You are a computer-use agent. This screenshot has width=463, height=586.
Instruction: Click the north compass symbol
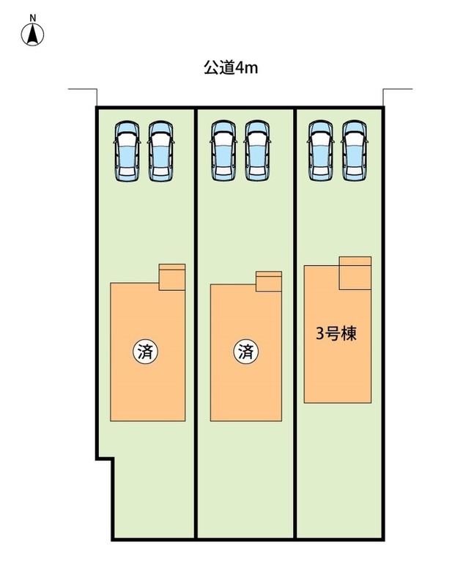point(32,34)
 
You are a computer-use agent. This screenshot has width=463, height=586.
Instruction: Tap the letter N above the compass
point(33,18)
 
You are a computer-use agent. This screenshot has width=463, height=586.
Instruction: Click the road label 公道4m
point(231,68)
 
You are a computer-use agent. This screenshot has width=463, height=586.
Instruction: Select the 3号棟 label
point(336,334)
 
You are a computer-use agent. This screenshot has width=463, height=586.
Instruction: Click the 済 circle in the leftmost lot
point(145,352)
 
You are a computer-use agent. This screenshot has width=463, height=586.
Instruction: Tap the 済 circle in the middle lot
point(246,352)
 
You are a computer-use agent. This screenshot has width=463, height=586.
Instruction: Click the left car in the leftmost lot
point(127,152)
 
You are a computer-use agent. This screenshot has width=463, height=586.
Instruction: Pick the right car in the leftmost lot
point(161,152)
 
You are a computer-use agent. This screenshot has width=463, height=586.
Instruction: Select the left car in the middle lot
point(223,151)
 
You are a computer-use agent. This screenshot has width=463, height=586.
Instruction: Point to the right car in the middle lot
point(257,151)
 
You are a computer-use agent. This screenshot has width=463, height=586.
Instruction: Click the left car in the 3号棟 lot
point(321,151)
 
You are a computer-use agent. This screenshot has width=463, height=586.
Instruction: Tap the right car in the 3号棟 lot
point(355,151)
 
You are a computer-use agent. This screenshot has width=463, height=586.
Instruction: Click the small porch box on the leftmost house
point(172,278)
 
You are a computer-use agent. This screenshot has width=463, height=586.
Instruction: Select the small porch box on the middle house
point(269,281)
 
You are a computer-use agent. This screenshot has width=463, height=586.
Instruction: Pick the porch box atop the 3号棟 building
point(355,272)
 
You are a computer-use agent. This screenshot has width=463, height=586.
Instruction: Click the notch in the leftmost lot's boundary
point(105,459)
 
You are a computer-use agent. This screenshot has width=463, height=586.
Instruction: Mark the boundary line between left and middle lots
point(196,324)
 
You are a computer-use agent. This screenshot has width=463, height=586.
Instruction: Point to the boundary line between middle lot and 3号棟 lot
point(295,324)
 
